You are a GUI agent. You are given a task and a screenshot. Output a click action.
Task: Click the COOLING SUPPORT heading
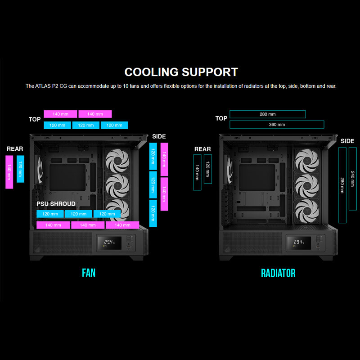pyautogui.click(x=181, y=72)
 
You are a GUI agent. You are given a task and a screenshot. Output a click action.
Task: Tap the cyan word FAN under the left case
pyautogui.click(x=89, y=273)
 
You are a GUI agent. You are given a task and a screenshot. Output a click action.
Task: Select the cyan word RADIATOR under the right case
pyautogui.click(x=278, y=273)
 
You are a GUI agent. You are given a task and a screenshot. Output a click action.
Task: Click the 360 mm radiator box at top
pyautogui.click(x=276, y=125)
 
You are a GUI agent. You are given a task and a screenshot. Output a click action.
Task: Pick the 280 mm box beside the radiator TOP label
pyautogui.click(x=267, y=114)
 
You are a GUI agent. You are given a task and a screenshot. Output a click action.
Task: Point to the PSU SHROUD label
pyautogui.click(x=56, y=204)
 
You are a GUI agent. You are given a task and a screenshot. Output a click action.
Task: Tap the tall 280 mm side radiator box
pyautogui.click(x=342, y=184)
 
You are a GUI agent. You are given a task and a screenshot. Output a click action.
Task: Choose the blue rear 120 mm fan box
pyautogui.click(x=20, y=169)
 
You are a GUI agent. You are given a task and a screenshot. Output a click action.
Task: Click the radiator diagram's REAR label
pyautogui.click(x=202, y=149)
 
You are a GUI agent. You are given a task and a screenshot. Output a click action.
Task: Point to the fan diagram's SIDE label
pyautogui.click(x=159, y=136)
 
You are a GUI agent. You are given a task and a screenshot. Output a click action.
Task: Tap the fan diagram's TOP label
pyautogui.click(x=35, y=119)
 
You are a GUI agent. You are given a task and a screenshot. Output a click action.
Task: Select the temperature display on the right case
pyautogui.click(x=298, y=242)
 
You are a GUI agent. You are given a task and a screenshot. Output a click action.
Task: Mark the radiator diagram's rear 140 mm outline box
pyautogui.click(x=197, y=172)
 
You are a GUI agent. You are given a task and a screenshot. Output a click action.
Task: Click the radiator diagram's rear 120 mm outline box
pyautogui.click(x=207, y=169)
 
